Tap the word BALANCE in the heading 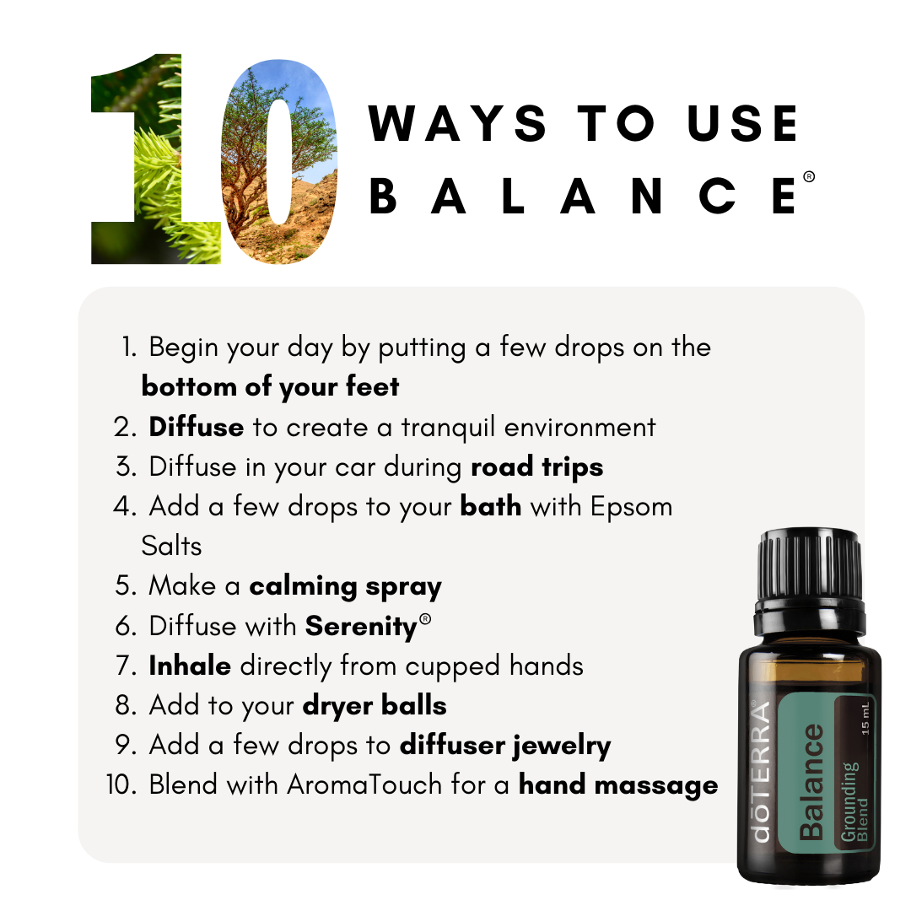click(584, 195)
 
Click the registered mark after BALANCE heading click(809, 177)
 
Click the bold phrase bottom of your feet click(270, 386)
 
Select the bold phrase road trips click(536, 466)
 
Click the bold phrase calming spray click(345, 586)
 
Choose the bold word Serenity click(361, 626)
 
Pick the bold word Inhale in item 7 click(190, 666)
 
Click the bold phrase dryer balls click(375, 705)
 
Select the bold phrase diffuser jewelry click(505, 745)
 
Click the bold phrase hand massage click(618, 785)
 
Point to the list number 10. click(123, 784)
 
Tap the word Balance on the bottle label click(811, 781)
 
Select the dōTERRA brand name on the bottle click(761, 772)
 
